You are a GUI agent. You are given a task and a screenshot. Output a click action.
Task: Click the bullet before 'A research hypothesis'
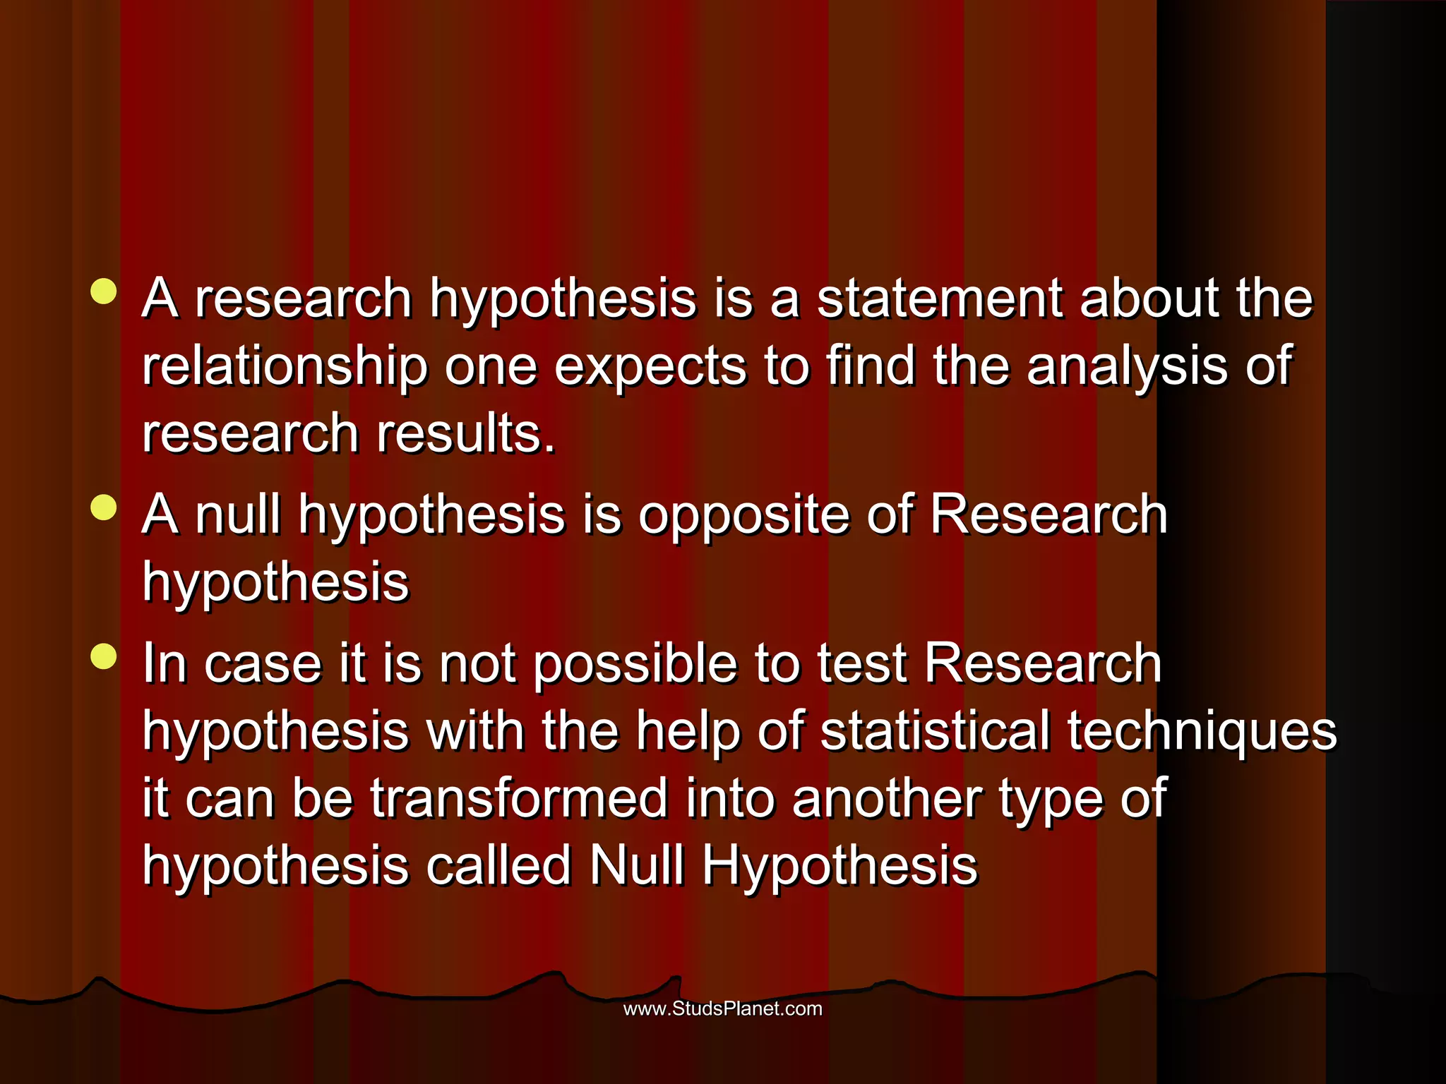point(104,291)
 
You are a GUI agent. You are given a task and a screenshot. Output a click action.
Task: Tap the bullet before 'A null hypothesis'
point(104,507)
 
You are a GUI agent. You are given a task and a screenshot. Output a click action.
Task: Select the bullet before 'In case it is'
point(104,657)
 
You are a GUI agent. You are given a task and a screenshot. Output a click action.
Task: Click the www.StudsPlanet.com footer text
point(722,1008)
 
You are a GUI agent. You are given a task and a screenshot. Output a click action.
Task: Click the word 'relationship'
point(285,366)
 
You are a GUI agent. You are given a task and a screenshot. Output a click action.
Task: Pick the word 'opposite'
point(744,516)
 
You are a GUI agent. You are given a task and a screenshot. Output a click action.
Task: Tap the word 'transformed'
point(519,798)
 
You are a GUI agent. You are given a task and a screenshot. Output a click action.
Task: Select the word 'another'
point(886,798)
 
